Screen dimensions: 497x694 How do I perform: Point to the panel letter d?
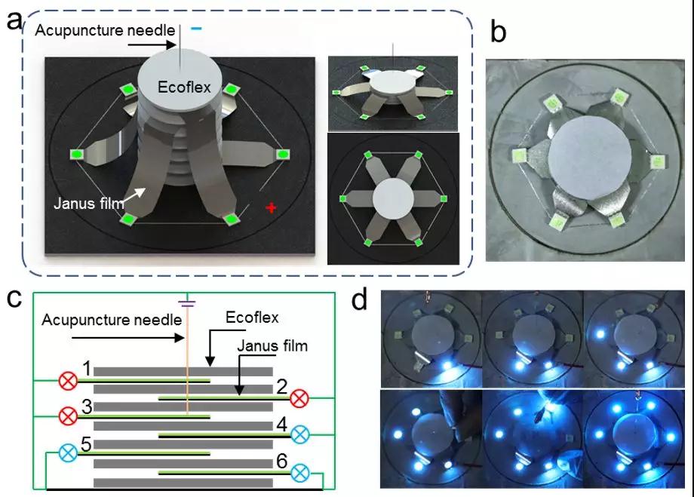[x=361, y=299]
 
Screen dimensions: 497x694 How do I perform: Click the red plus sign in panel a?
[x=269, y=207]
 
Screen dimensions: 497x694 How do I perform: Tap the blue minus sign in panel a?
[x=196, y=28]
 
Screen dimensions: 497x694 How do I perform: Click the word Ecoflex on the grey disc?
[x=180, y=87]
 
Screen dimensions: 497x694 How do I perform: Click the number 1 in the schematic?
[x=88, y=369]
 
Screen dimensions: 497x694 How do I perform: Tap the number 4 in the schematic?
[x=281, y=425]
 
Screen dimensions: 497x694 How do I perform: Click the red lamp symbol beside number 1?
[x=68, y=381]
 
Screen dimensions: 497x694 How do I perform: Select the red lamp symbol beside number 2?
[x=299, y=397]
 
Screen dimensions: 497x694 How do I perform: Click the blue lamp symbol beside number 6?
[x=299, y=472]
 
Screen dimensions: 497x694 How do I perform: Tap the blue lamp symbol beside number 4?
[x=299, y=434]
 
